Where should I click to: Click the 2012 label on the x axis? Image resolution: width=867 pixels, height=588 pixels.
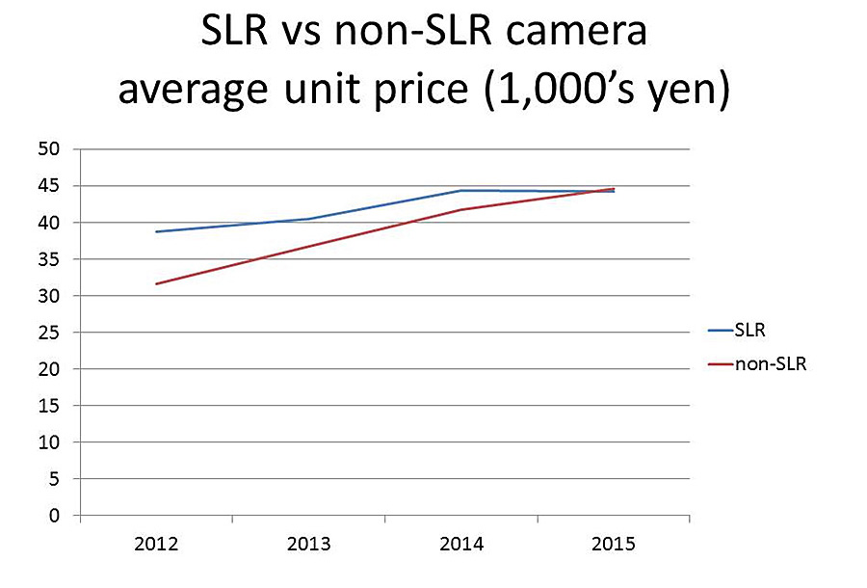pos(156,545)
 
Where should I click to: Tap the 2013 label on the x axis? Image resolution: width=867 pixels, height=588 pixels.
pos(308,545)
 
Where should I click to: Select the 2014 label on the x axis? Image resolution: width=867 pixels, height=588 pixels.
pos(461,545)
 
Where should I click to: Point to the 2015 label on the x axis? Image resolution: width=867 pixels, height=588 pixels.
pos(614,545)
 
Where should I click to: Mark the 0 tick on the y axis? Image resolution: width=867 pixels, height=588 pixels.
pos(55,516)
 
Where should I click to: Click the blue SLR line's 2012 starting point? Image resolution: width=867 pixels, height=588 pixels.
pos(156,231)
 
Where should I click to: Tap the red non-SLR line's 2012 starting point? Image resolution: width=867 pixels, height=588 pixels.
pos(156,283)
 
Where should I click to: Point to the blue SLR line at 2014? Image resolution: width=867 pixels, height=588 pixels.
pos(461,191)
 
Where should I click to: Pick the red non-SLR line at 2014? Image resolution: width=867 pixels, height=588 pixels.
pos(461,209)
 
